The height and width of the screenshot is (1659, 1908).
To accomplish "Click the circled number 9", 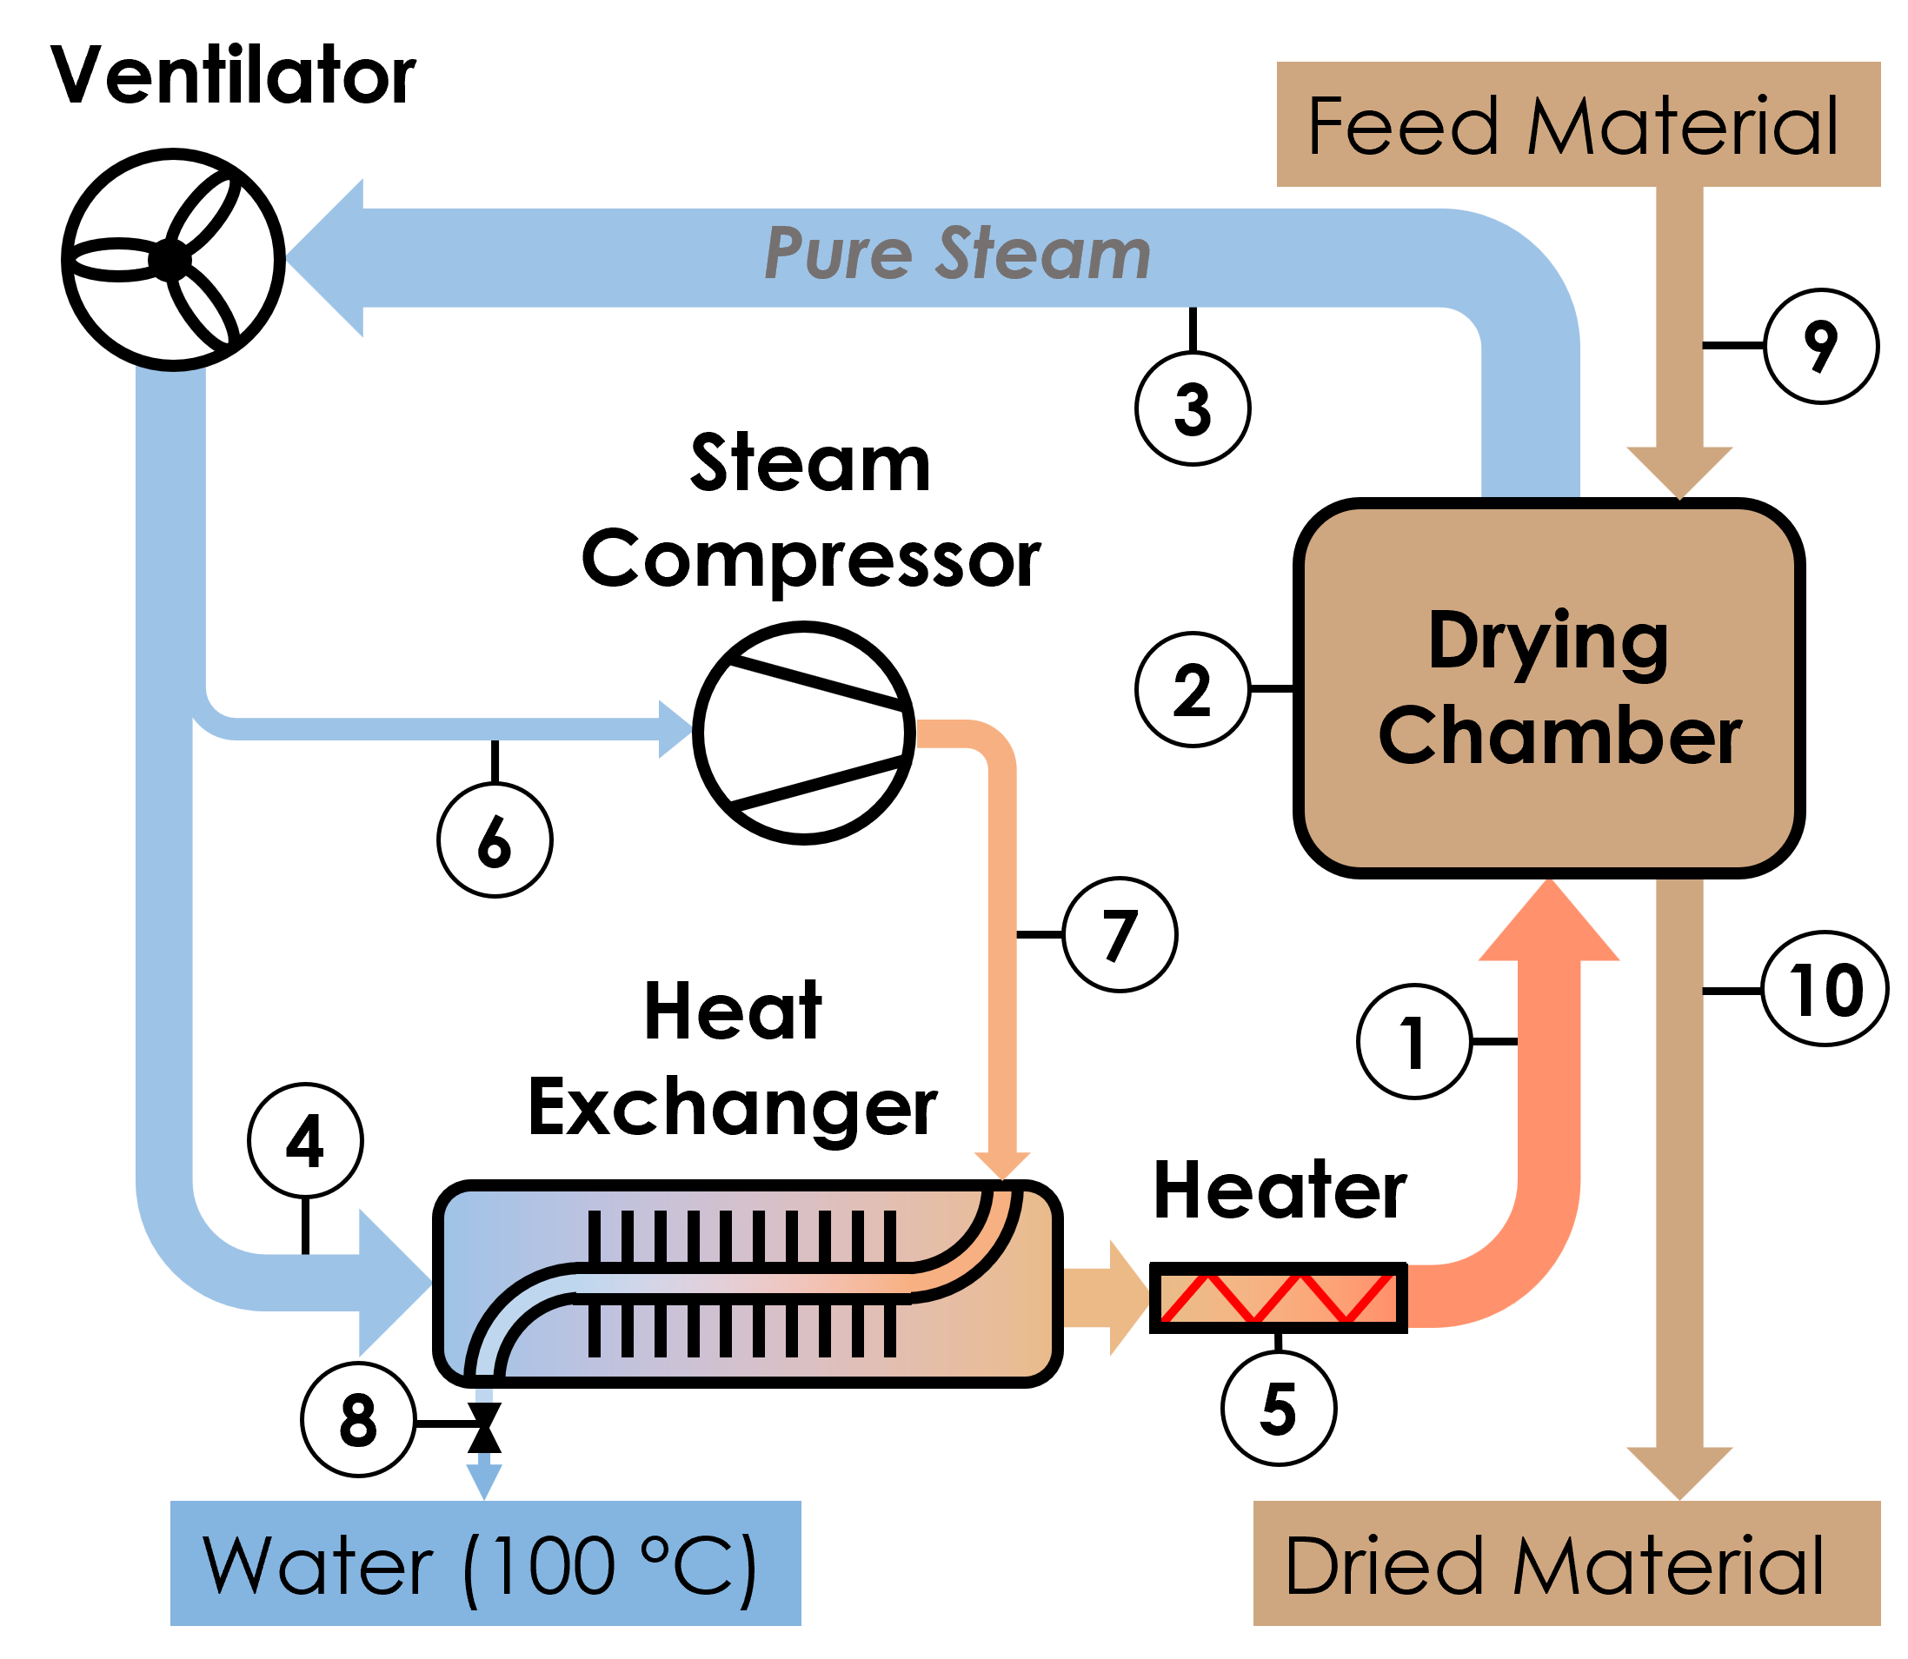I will (1820, 346).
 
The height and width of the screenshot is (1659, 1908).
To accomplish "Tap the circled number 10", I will (1824, 989).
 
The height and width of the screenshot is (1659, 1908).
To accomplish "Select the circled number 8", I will (358, 1419).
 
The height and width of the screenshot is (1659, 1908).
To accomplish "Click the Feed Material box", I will (1578, 124).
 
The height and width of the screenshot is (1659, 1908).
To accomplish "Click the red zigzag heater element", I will (1278, 1298).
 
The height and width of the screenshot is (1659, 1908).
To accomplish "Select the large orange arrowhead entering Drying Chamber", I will (1548, 926).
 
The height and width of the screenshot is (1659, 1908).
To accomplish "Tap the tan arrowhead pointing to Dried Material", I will (1679, 1472).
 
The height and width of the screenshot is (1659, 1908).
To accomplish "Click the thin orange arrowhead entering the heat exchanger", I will (1001, 1165).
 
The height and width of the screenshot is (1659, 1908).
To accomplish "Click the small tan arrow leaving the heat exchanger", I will (1106, 1298).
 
